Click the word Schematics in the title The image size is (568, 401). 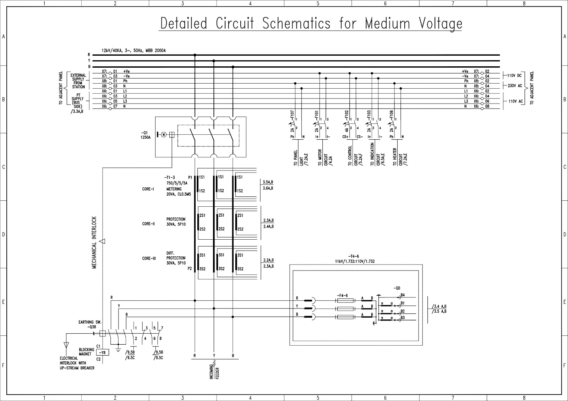tap(296, 23)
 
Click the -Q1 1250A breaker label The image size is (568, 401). tap(146, 135)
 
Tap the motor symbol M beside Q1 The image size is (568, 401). tap(164, 134)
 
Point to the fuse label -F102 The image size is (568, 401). tap(346, 114)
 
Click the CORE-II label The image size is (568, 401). tap(148, 224)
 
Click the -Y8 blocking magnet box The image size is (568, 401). tap(103, 352)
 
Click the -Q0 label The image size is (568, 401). tap(397, 288)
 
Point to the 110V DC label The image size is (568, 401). tap(514, 76)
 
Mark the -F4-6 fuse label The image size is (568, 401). tap(343, 295)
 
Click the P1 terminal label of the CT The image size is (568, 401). tap(190, 177)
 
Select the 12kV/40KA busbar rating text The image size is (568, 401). tap(133, 51)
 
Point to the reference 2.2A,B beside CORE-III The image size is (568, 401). tap(268, 260)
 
